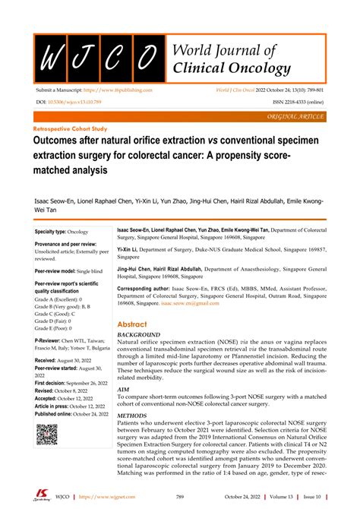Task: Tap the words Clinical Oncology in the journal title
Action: point(232,69)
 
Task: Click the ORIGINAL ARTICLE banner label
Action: point(295,119)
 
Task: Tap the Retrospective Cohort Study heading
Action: point(73,129)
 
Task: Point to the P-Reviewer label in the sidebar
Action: point(52,341)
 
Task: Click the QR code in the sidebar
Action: point(47,435)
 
